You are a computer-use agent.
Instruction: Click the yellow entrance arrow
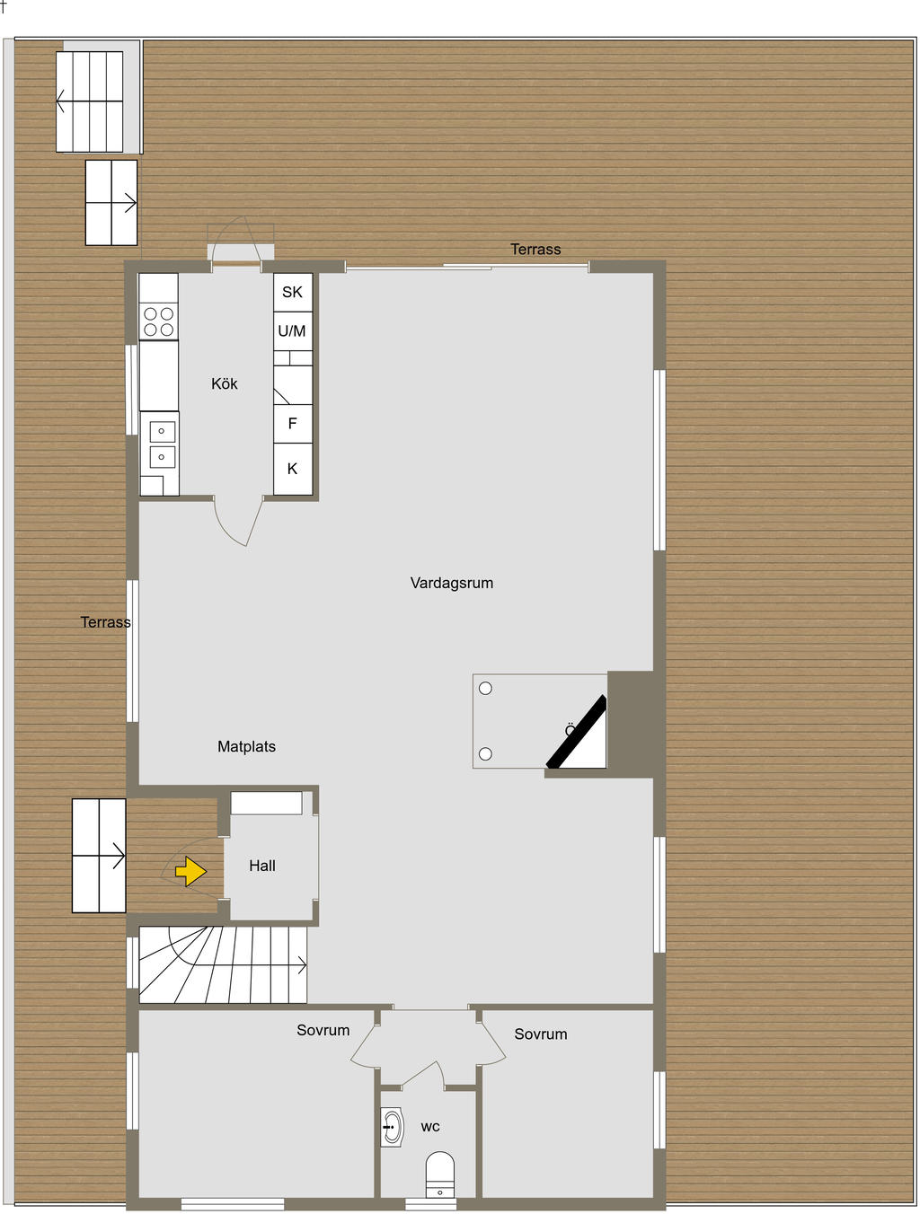190,871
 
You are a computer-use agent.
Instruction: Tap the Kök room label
225,384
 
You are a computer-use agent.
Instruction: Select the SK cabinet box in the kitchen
293,292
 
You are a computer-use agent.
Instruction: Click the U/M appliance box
293,331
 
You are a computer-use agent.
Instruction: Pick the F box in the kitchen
293,423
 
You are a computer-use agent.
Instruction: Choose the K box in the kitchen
293,469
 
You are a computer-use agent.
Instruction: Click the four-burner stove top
159,321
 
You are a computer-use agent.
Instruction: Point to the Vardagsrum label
452,583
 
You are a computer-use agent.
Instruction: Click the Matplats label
246,746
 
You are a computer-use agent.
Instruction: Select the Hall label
262,866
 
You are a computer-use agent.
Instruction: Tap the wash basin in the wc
392,1126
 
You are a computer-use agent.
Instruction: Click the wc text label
430,1127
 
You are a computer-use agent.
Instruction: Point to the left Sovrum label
323,1030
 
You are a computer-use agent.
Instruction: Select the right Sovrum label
541,1034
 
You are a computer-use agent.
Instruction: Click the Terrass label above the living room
535,250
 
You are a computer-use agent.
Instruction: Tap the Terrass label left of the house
105,622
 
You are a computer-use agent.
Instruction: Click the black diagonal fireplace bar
577,732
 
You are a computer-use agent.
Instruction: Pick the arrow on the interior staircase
300,965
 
